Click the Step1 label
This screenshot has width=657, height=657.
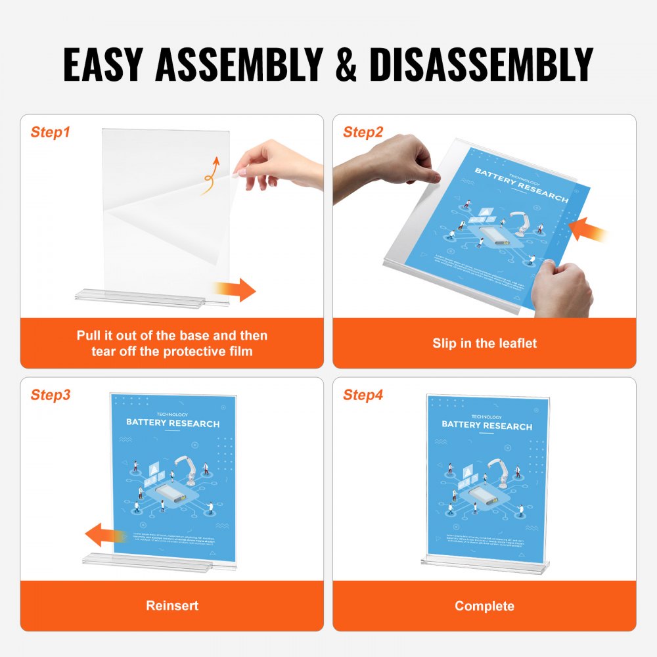(x=50, y=132)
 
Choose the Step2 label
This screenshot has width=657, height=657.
(x=363, y=132)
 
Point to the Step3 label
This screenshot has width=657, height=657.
(x=50, y=395)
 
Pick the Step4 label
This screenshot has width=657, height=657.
(x=363, y=395)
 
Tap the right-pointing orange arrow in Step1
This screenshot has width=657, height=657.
(x=235, y=289)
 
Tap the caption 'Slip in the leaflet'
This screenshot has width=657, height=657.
(x=484, y=343)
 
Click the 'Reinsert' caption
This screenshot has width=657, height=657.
(x=172, y=605)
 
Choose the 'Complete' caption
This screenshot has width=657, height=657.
(x=484, y=605)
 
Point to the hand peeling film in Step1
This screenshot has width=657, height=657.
(x=279, y=164)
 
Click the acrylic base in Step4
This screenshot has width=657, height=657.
(x=484, y=565)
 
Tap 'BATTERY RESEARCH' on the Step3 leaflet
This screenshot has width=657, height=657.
(x=173, y=424)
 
